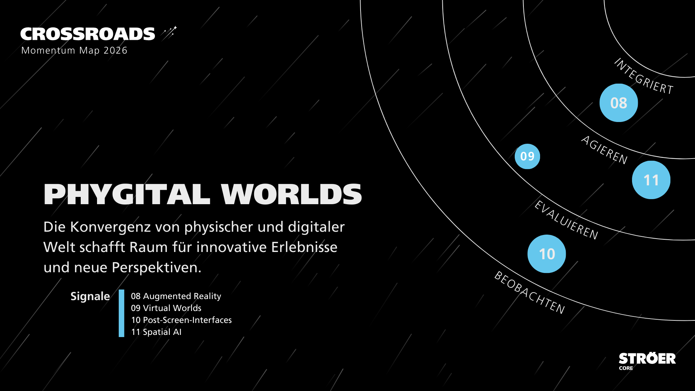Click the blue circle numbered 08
click(x=619, y=103)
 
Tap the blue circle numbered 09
click(x=527, y=156)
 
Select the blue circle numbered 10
click(x=547, y=254)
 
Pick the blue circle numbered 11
click(x=651, y=180)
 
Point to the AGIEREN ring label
click(x=604, y=150)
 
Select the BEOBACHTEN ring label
click(x=530, y=293)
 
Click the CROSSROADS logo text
click(x=88, y=34)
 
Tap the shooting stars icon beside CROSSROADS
click(x=169, y=33)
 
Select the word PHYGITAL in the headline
click(x=127, y=194)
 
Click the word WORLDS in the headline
click(x=291, y=194)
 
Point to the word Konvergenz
click(x=110, y=227)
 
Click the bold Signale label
click(x=90, y=296)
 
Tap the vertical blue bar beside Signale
click(x=122, y=313)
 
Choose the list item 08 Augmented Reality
click(x=176, y=296)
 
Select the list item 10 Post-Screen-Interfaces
click(x=181, y=320)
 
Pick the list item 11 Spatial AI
click(x=156, y=332)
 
